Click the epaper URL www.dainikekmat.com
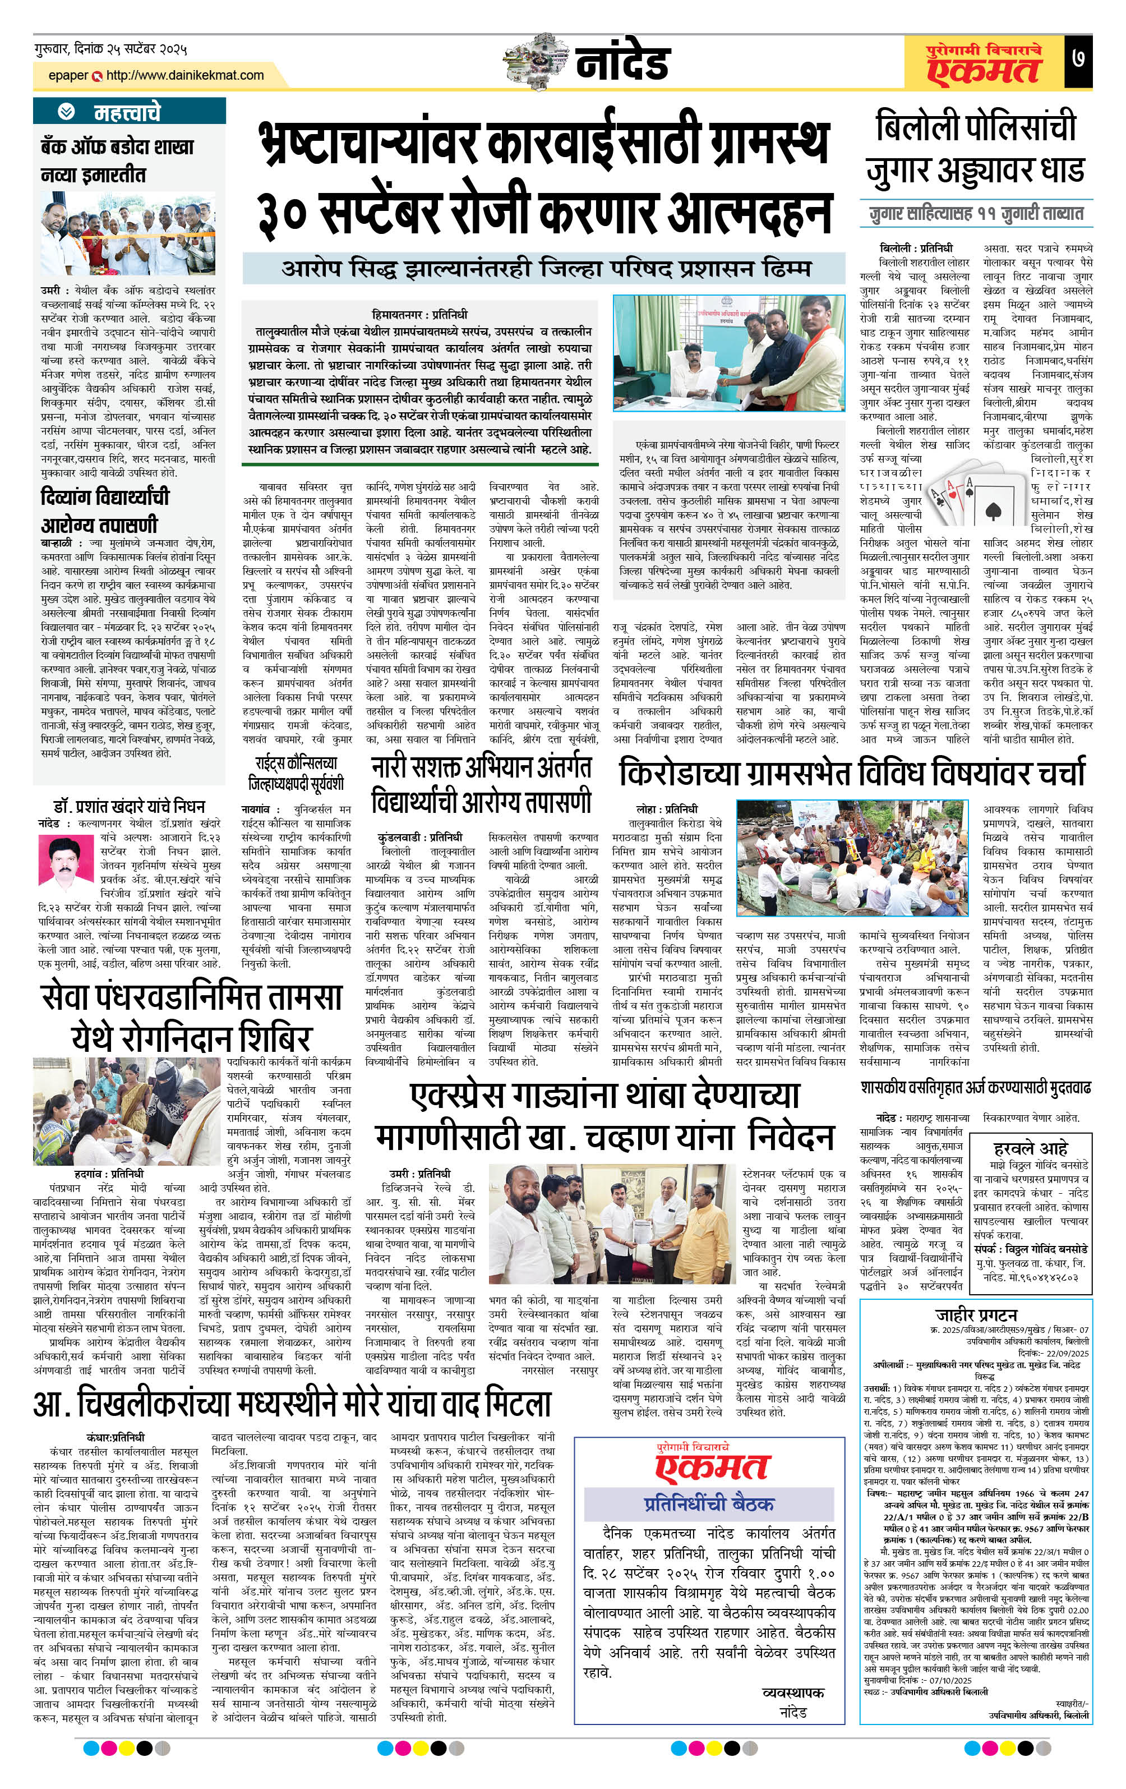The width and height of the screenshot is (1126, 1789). click(x=185, y=75)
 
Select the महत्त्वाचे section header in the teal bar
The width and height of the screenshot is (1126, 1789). click(x=126, y=112)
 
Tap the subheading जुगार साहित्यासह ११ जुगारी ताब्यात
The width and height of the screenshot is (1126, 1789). click(x=975, y=214)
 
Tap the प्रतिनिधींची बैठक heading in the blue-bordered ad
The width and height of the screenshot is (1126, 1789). click(x=709, y=1503)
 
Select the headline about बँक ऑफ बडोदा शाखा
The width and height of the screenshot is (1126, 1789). click(x=117, y=160)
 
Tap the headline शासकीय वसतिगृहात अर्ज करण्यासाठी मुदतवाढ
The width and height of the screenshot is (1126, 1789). click(x=975, y=1088)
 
